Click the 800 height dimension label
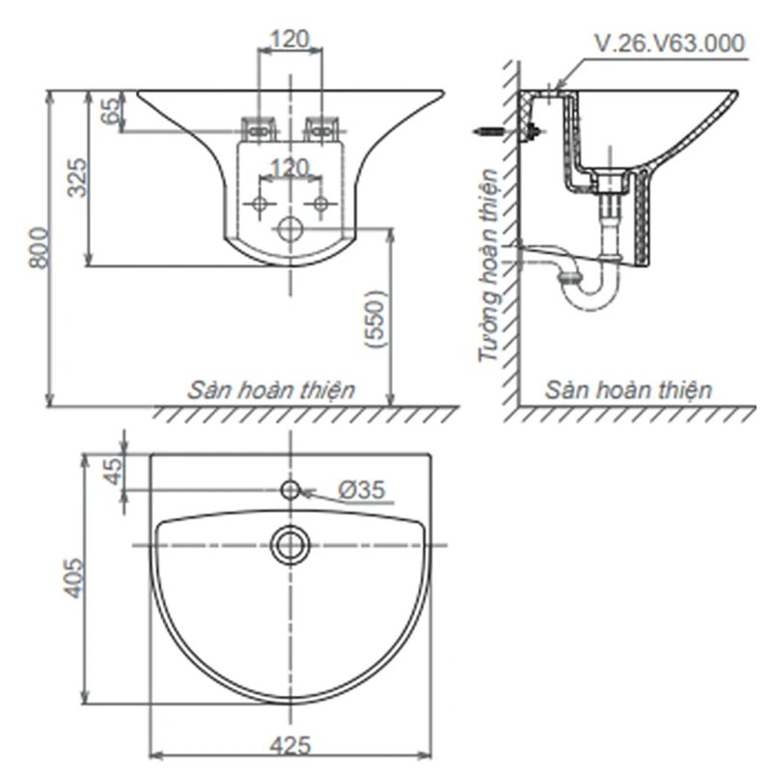(x=39, y=248)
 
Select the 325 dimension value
(x=77, y=178)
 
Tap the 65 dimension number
(x=111, y=110)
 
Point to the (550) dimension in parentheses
(x=376, y=320)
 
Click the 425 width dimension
(x=290, y=745)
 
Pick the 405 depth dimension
(x=75, y=578)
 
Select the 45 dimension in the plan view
(x=113, y=472)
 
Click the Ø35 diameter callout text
(x=362, y=490)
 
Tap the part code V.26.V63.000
(x=670, y=43)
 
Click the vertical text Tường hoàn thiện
(x=490, y=266)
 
